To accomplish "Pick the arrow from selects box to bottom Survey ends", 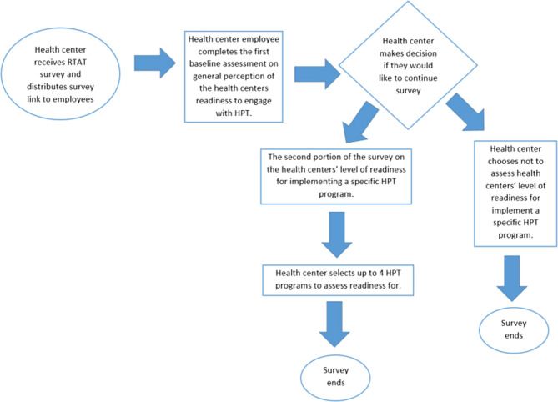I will [x=335, y=324].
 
